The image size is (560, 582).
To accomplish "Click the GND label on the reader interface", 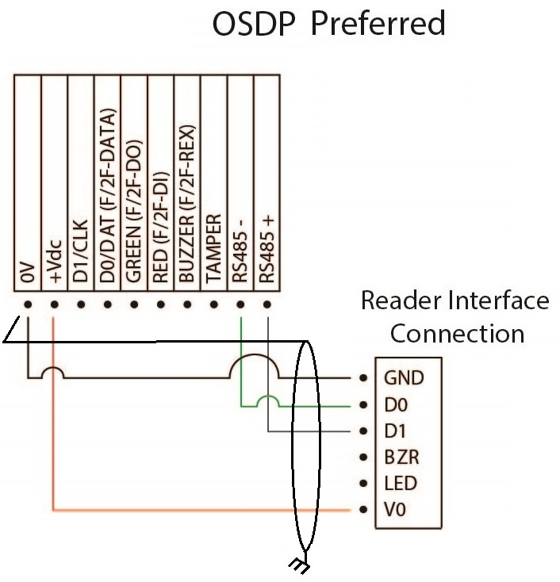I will [405, 378].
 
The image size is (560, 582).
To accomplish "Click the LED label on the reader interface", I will [401, 483].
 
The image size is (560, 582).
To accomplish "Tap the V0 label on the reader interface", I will [395, 510].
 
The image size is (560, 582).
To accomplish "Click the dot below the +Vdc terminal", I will [54, 304].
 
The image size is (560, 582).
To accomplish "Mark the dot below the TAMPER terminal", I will [214, 304].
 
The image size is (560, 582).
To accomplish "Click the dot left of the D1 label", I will [363, 432].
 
